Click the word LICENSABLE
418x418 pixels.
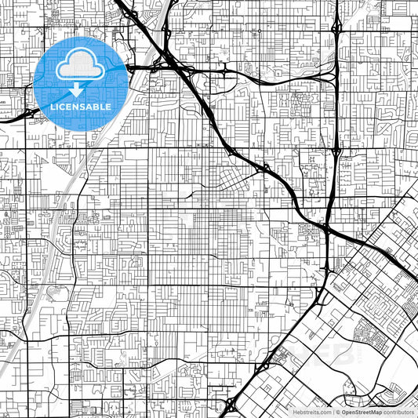pos(81,107)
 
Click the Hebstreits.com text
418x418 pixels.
pos(312,412)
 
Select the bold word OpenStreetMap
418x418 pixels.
pos(362,412)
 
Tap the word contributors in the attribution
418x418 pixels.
pos(399,412)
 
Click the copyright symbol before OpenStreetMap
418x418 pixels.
pos(338,412)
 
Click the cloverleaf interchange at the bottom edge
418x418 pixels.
pos(229,405)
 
